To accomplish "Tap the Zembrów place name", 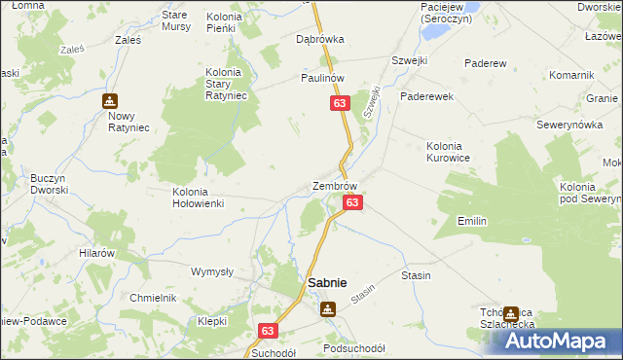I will [x=335, y=185].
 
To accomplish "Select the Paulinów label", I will [x=323, y=77].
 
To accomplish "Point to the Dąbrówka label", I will [x=320, y=40].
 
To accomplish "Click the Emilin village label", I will [x=472, y=221].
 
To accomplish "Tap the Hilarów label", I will [x=97, y=252].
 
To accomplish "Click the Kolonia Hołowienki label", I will [x=198, y=198].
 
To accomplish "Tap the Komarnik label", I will [x=571, y=75].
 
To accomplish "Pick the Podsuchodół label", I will [x=353, y=348].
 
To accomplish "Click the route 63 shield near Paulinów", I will [x=339, y=103].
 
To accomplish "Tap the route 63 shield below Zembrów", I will [x=352, y=202].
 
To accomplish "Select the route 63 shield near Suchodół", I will [x=270, y=331].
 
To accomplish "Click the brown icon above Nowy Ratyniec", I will [x=110, y=100].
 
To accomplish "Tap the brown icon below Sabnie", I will [x=328, y=308].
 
